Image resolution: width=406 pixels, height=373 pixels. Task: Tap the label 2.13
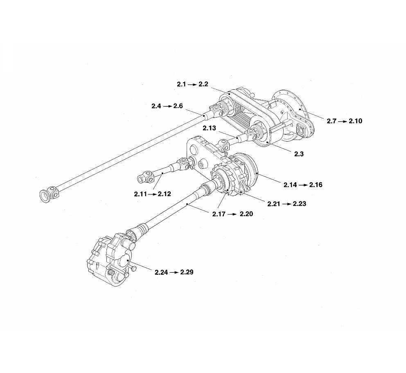[209, 129]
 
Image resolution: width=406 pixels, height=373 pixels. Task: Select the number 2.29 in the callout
[186, 272]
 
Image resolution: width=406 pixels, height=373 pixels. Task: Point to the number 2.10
[355, 121]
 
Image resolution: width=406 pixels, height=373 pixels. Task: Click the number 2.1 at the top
[182, 84]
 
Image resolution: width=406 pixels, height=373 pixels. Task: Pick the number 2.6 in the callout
[178, 106]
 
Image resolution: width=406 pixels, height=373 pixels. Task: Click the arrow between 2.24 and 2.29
[174, 272]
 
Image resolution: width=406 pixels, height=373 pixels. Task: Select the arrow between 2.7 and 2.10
[343, 121]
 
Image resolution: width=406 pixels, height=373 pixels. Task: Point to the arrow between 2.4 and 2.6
[166, 106]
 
